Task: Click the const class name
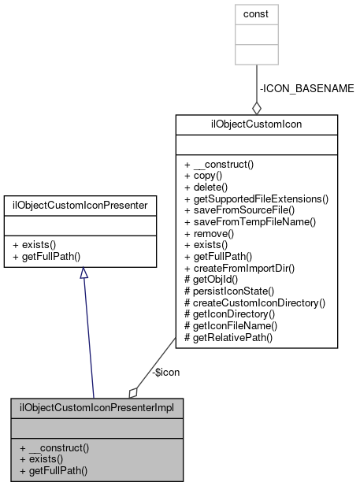256,13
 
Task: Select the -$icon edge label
165,372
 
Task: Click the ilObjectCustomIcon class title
256,124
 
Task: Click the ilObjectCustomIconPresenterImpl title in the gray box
97,408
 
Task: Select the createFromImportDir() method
239,269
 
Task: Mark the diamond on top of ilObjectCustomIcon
257,108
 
